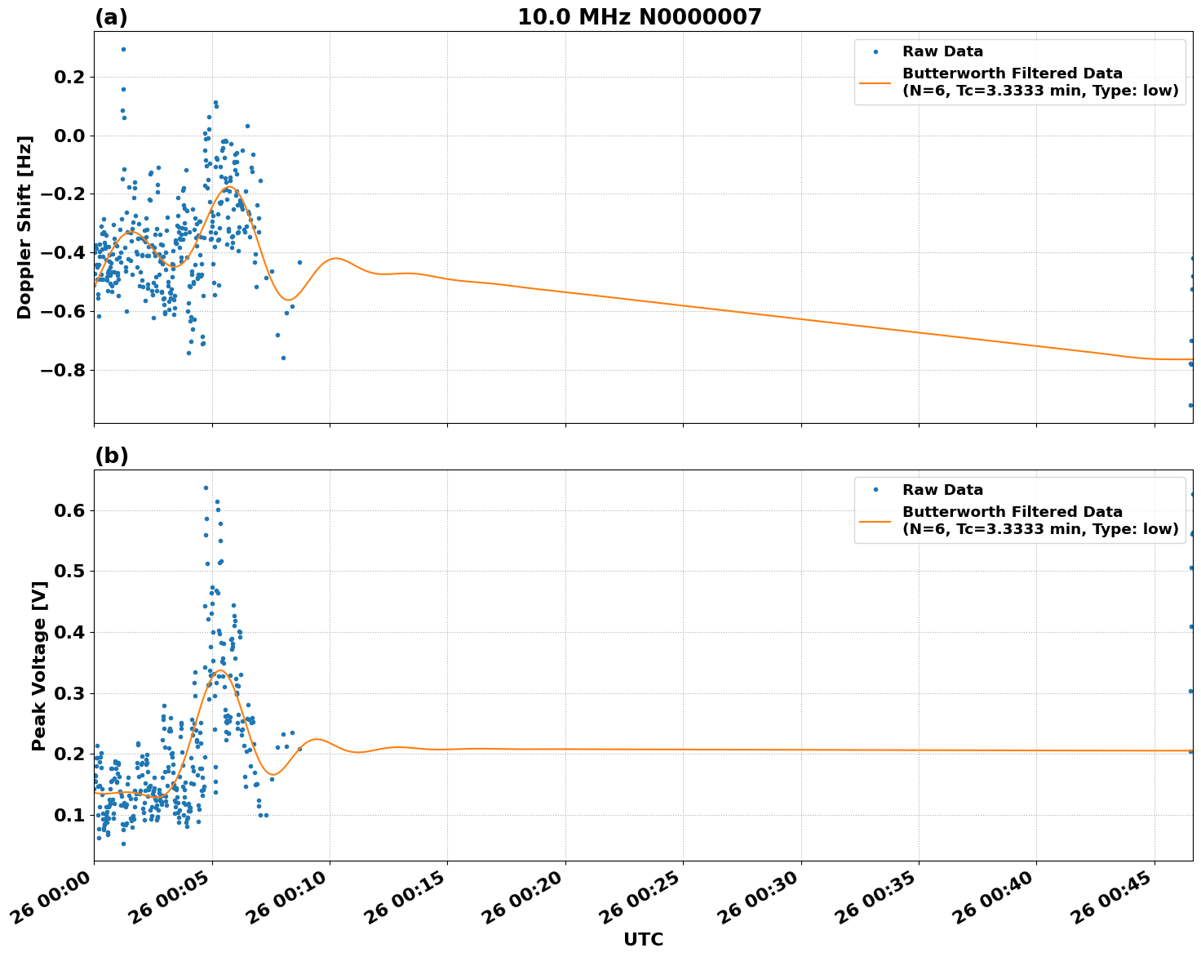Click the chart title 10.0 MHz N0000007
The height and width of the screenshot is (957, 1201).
pos(639,17)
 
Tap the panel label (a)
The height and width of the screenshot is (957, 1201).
pos(111,17)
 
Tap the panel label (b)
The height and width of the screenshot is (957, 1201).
pos(111,456)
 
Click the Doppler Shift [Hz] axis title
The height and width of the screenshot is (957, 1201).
pos(24,227)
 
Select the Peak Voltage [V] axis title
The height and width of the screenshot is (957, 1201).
pos(38,665)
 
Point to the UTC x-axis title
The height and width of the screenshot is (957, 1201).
pos(643,939)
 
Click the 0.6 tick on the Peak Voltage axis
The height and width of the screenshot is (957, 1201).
pos(75,510)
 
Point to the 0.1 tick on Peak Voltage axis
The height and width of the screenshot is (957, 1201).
pos(75,815)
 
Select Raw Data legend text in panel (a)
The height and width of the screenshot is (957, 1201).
pos(942,51)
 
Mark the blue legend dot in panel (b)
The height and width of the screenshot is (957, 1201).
pos(875,490)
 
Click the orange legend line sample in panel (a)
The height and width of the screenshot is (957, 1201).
pos(875,82)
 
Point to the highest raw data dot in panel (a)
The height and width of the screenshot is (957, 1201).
pos(123,49)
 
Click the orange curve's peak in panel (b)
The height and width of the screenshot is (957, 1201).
pos(219,670)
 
